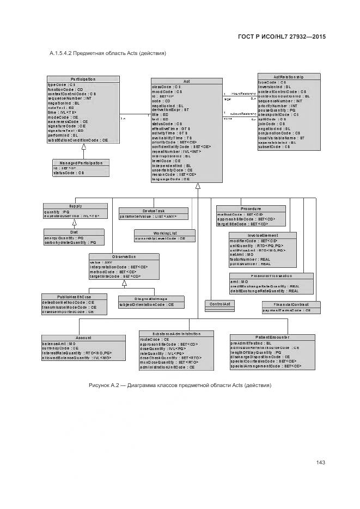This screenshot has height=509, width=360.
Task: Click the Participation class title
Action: [83, 79]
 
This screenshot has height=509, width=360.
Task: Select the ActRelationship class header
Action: [289, 77]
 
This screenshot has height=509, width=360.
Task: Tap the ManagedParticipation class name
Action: [81, 163]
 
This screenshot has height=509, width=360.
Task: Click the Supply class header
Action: [75, 206]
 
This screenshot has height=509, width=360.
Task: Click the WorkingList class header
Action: [161, 233]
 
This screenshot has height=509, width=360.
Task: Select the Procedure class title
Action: [251, 208]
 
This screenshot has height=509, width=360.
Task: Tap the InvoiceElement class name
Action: [263, 235]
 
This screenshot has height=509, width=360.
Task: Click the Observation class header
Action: [124, 257]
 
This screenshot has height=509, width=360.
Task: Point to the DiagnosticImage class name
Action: [151, 299]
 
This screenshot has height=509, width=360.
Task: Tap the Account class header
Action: [83, 338]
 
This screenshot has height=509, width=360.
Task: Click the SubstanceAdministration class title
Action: [169, 333]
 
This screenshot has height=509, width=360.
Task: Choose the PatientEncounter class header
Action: [272, 338]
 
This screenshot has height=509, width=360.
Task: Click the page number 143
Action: [320, 463]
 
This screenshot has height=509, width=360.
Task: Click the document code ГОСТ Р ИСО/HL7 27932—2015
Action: [282, 37]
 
